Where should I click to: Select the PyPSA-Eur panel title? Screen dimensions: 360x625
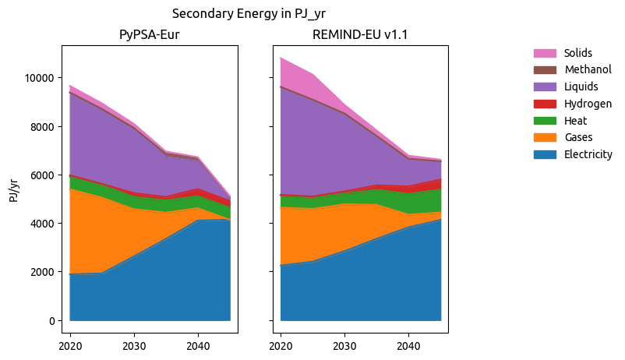click(150, 35)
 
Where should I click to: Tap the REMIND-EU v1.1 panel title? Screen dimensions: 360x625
click(360, 35)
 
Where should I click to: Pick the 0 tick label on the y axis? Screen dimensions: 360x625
click(50, 320)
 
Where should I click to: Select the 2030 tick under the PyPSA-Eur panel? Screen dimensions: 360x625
click(134, 345)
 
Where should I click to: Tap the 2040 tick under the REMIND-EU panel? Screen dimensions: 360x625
click(408, 345)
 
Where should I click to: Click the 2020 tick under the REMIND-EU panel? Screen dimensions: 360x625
click(281, 345)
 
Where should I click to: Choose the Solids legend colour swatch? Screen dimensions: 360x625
click(545, 53)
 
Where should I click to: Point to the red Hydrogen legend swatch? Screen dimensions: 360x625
click(545, 104)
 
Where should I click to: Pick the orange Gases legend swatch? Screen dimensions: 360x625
click(545, 137)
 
